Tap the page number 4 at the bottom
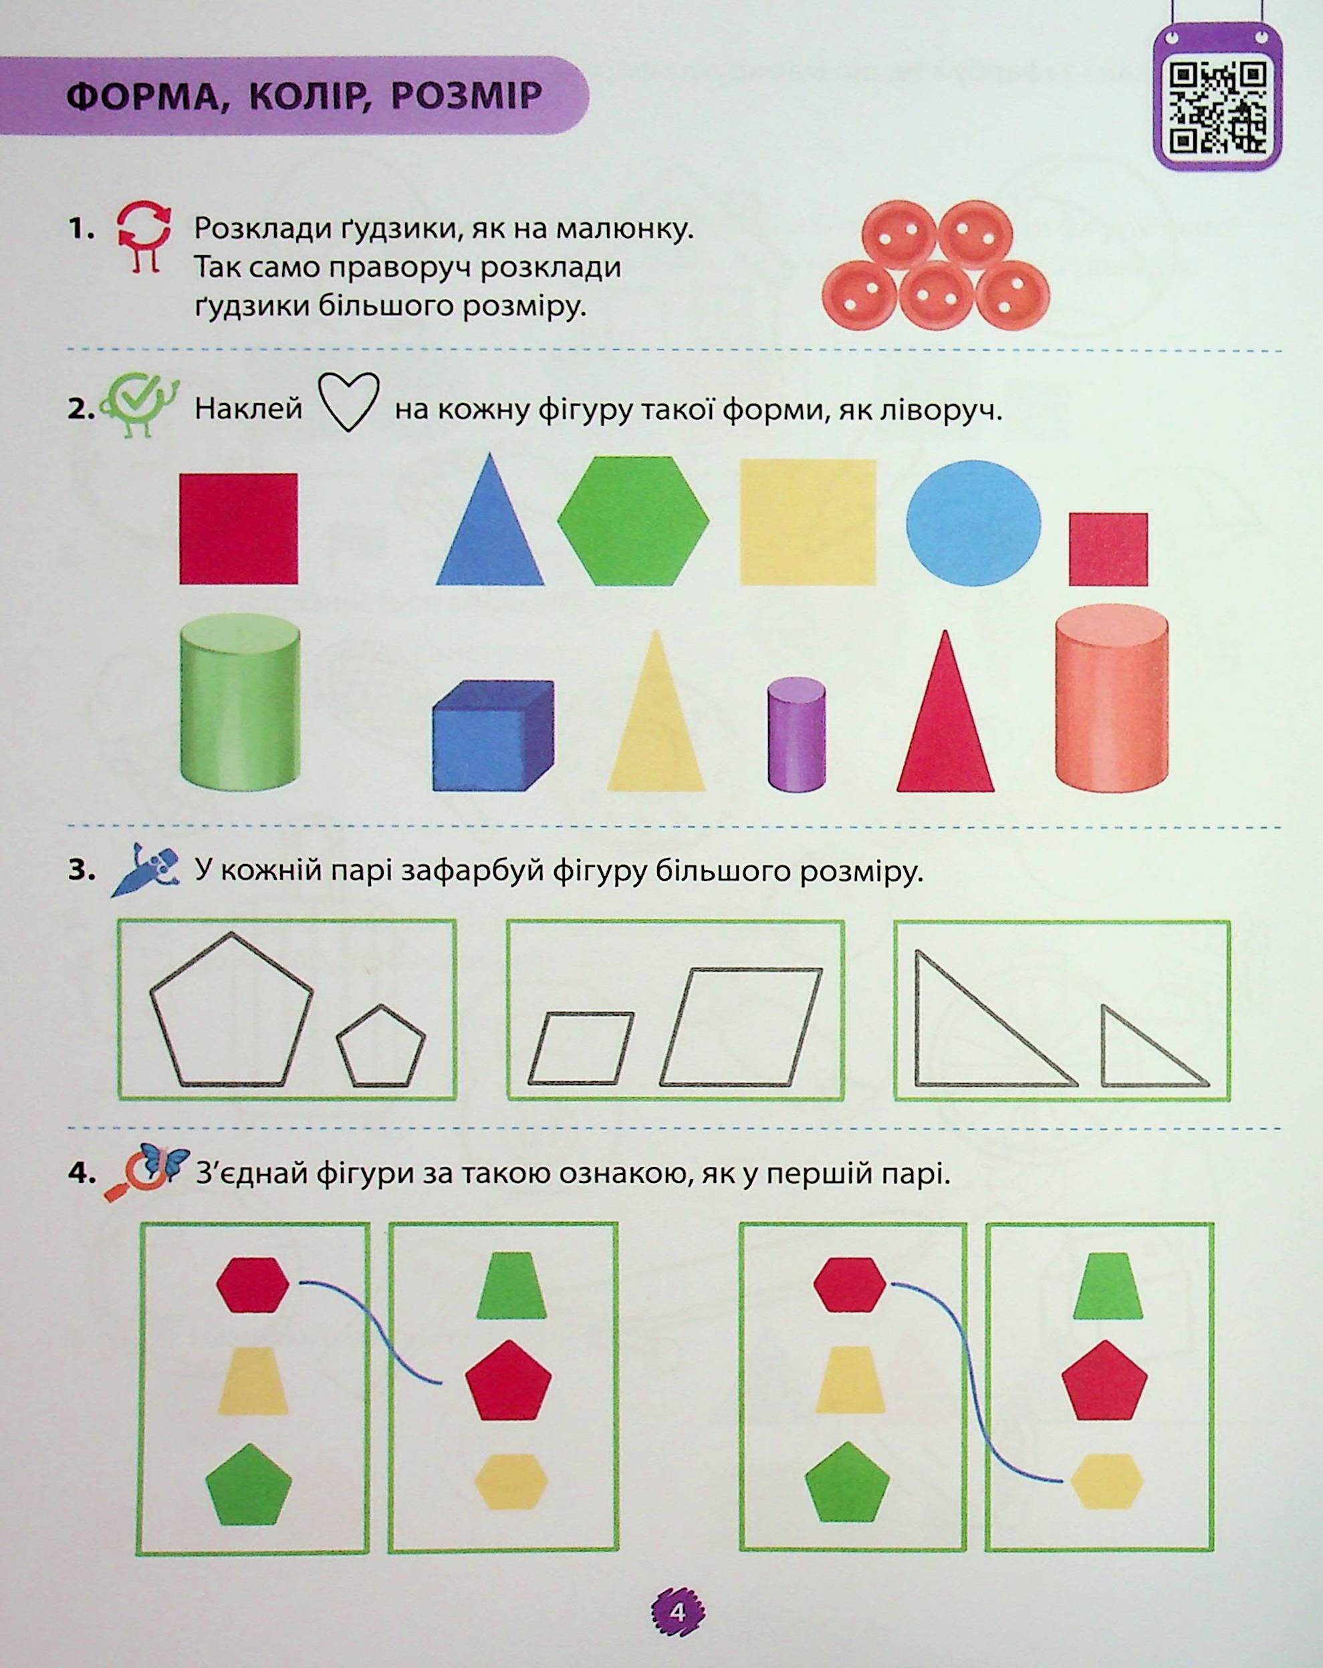pos(679,1611)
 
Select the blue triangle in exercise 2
pos(489,520)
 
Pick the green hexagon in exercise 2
pos(632,520)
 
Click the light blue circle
pos(973,521)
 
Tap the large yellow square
pos(808,522)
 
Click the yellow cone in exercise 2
pos(656,710)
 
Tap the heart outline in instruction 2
pos(349,402)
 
